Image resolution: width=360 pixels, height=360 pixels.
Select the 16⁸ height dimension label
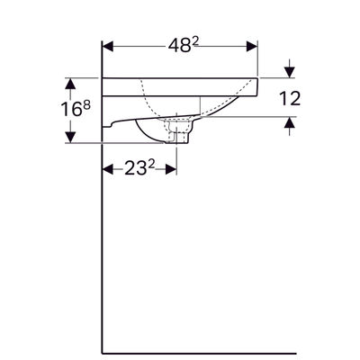(x=76, y=109)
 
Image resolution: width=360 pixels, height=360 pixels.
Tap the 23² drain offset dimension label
(x=139, y=169)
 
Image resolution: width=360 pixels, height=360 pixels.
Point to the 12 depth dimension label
(x=290, y=98)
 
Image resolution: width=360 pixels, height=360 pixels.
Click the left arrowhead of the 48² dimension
(x=108, y=47)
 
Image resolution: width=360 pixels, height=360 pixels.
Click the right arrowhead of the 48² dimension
(x=252, y=47)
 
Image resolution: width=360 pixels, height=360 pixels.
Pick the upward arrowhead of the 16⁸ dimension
(x=70, y=84)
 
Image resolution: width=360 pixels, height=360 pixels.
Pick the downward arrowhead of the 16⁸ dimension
(x=70, y=138)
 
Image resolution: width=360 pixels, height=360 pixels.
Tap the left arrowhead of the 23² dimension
(x=108, y=169)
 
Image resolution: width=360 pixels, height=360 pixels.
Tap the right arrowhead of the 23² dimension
(x=171, y=169)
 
